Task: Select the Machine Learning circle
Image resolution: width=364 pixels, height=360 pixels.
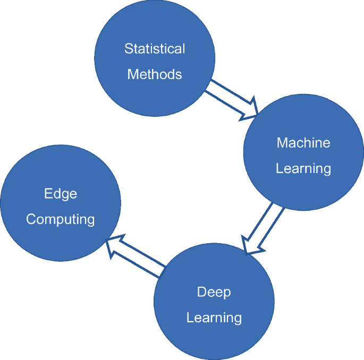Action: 303,155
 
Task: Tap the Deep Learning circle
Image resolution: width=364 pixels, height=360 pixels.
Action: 214,304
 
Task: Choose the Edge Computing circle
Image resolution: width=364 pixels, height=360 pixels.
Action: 60,205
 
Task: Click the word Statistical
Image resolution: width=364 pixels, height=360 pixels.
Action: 155,49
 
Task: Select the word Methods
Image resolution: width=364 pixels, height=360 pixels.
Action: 155,74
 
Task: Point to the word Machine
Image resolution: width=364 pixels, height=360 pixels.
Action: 303,143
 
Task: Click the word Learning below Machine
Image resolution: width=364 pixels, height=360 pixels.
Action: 303,169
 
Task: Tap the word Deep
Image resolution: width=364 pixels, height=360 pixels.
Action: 214,292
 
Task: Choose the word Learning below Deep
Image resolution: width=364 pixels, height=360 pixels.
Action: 214,318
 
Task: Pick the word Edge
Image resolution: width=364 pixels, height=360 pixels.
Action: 61,194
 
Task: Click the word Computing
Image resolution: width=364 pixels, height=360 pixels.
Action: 61,219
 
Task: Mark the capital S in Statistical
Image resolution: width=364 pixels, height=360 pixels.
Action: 128,49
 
